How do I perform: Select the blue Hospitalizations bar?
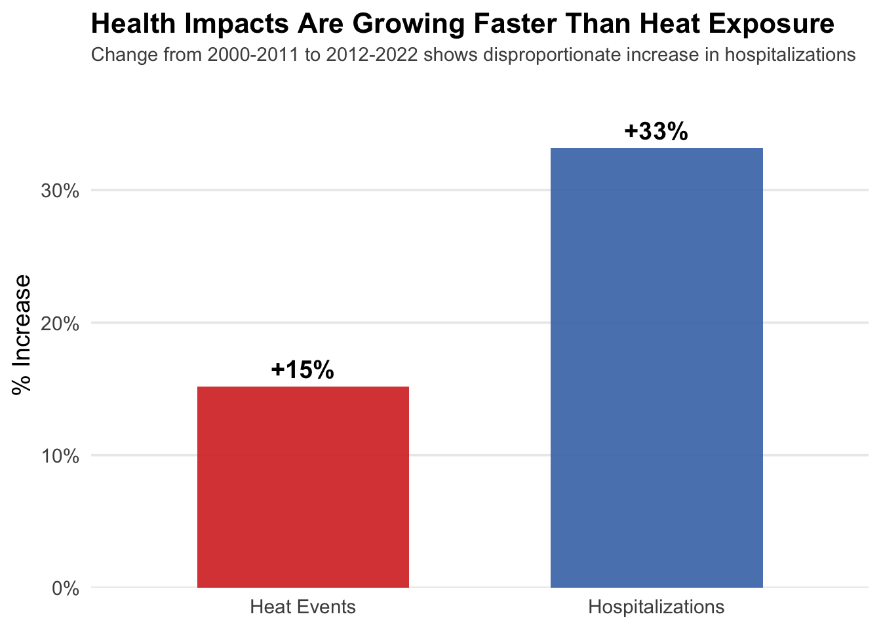tap(656, 368)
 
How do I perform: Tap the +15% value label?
tap(302, 370)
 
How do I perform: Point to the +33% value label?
tap(656, 132)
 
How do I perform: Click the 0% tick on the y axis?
tap(66, 588)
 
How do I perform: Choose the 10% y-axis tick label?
tap(60, 456)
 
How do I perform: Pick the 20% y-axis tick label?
tap(60, 324)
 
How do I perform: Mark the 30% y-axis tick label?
tap(60, 191)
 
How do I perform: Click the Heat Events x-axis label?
tap(303, 607)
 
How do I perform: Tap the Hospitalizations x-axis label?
tap(656, 607)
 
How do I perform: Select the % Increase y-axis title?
tap(22, 334)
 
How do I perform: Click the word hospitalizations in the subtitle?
tap(790, 54)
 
